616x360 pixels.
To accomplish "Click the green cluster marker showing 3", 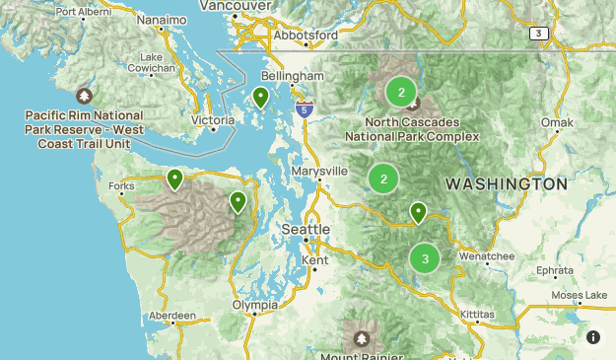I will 425,258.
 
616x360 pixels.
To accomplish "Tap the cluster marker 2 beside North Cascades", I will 400,92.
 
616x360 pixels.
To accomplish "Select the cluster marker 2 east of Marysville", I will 382,178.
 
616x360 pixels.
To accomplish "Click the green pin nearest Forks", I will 174,179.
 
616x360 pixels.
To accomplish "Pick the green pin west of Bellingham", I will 260,97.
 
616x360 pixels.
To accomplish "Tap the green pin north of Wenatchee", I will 418,212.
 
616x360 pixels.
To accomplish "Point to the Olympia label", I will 255,305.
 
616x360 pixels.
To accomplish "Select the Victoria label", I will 213,120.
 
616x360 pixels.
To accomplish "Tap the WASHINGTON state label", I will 506,184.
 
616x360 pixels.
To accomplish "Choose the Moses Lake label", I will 581,295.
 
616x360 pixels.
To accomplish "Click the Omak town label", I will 557,122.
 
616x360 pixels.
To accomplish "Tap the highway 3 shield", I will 537,33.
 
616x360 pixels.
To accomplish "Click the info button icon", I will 593,337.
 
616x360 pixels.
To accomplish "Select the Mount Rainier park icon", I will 363,338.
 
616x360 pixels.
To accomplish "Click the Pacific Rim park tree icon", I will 85,96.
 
